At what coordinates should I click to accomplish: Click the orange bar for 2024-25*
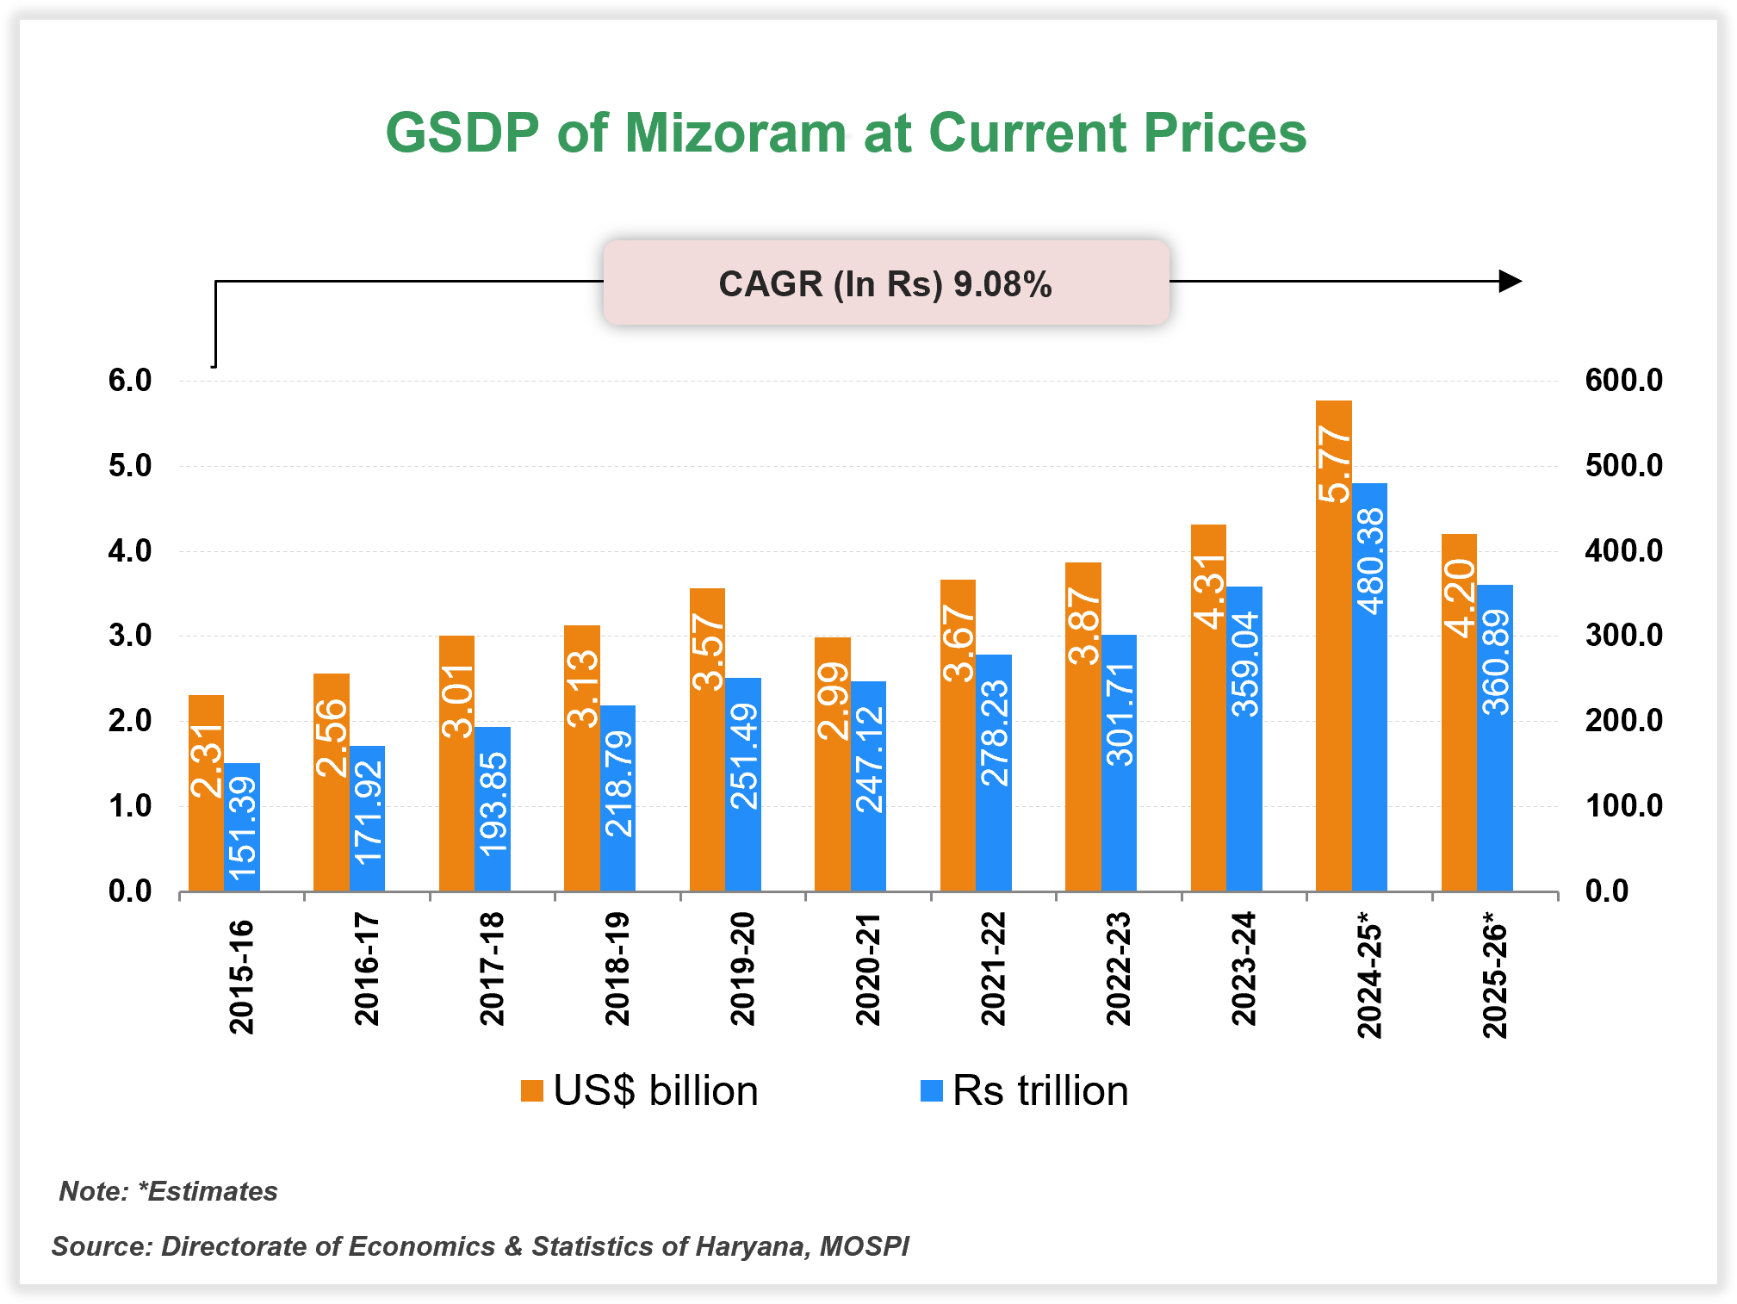[1333, 646]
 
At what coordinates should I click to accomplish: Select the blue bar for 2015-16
[242, 827]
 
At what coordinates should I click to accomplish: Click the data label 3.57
[708, 652]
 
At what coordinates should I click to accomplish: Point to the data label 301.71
[1120, 715]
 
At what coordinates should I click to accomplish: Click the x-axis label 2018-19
[617, 969]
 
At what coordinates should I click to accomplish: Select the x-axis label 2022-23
[1119, 969]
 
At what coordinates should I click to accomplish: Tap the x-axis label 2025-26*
[1495, 979]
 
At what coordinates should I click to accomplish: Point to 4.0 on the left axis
[130, 551]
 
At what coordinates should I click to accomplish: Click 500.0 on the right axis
[1623, 466]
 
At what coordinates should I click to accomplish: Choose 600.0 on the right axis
[1623, 381]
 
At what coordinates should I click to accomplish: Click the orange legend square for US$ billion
[532, 1090]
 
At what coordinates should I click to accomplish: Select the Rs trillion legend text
[1040, 1090]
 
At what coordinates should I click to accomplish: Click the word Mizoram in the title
[735, 134]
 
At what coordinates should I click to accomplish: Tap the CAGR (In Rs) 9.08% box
[885, 283]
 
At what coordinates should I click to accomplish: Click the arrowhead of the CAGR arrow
[1511, 281]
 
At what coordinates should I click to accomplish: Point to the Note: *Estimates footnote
[169, 1191]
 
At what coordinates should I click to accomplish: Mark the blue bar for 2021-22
[994, 773]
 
